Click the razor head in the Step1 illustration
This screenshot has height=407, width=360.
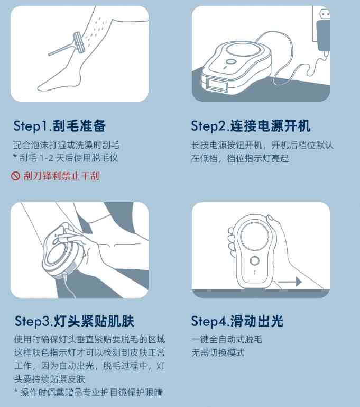point(79,43)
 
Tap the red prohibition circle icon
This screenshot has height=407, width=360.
point(15,176)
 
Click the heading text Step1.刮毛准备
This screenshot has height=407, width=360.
point(60,126)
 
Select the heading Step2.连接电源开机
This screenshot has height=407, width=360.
point(251,126)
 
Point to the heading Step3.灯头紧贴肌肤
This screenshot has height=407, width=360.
point(75,321)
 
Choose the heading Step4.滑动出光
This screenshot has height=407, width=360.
point(237,321)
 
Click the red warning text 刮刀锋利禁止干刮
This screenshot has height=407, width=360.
point(61,176)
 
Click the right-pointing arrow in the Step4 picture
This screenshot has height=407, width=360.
point(290,282)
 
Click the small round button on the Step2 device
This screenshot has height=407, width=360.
point(230,62)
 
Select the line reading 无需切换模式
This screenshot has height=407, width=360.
point(218,352)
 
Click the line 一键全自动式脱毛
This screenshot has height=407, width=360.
point(227,339)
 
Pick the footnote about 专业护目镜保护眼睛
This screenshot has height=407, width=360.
point(88,392)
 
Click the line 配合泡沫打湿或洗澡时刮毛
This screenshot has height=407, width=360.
point(67,145)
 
